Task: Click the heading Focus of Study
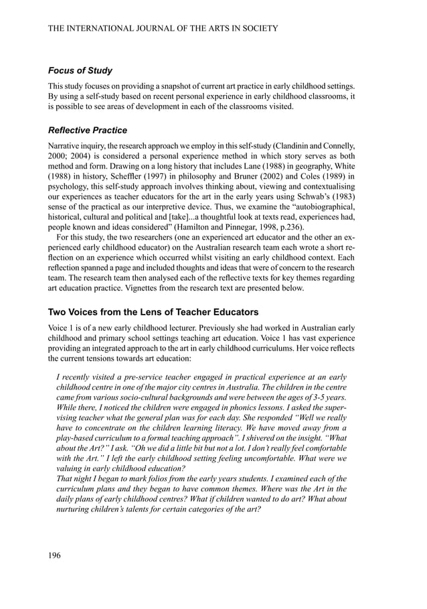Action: pos(80,71)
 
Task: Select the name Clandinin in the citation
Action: pos(296,145)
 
